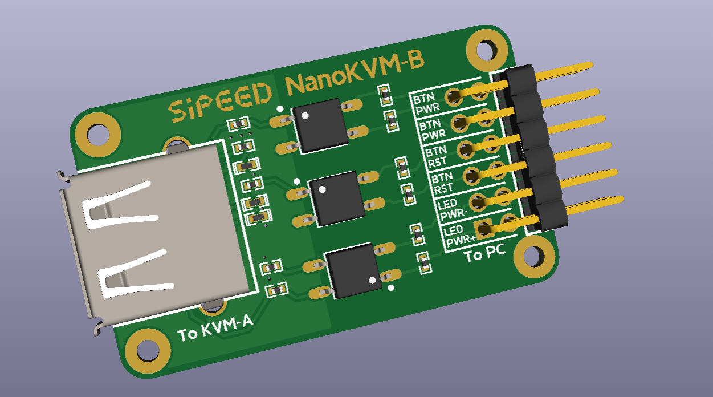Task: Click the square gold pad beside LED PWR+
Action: [x=484, y=229]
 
